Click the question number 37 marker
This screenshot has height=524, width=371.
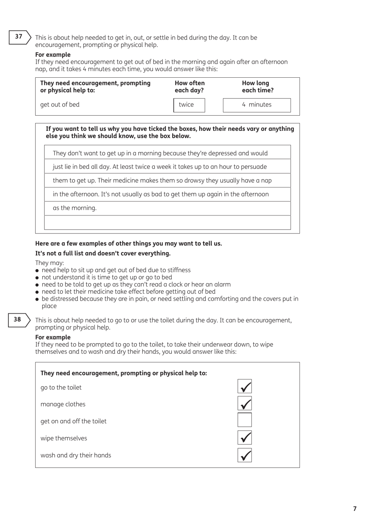point(19,37)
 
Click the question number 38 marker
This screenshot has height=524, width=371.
point(18,319)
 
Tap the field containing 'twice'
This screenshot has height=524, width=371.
point(189,105)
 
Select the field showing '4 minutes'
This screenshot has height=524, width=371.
point(257,105)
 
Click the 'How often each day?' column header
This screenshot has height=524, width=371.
point(189,87)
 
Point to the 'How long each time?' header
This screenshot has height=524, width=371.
point(257,87)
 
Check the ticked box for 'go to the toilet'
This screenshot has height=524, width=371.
point(244,387)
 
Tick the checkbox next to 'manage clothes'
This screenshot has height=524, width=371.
point(244,403)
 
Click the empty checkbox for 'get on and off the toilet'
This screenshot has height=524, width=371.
point(244,420)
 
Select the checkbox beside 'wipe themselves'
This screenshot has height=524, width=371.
point(244,438)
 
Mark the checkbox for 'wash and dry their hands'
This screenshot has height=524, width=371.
point(244,455)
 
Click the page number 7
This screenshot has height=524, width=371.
point(355,509)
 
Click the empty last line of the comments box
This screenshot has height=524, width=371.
point(168,223)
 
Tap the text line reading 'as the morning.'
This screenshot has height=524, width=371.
point(75,208)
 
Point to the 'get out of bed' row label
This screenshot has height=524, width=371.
point(60,105)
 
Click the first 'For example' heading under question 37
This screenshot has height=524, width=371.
point(53,55)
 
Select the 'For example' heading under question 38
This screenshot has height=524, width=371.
point(53,337)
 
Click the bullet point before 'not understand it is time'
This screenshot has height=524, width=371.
point(37,278)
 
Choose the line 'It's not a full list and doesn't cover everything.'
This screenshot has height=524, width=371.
point(103,253)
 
